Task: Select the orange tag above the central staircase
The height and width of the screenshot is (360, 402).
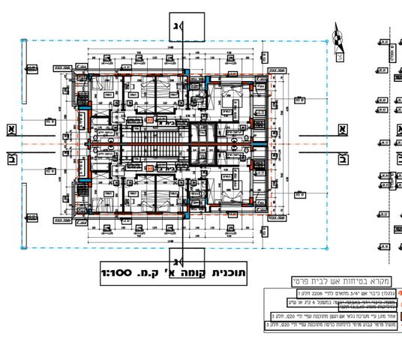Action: pyautogui.click(x=151, y=119)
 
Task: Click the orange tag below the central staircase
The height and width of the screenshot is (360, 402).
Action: pyautogui.click(x=150, y=169)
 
